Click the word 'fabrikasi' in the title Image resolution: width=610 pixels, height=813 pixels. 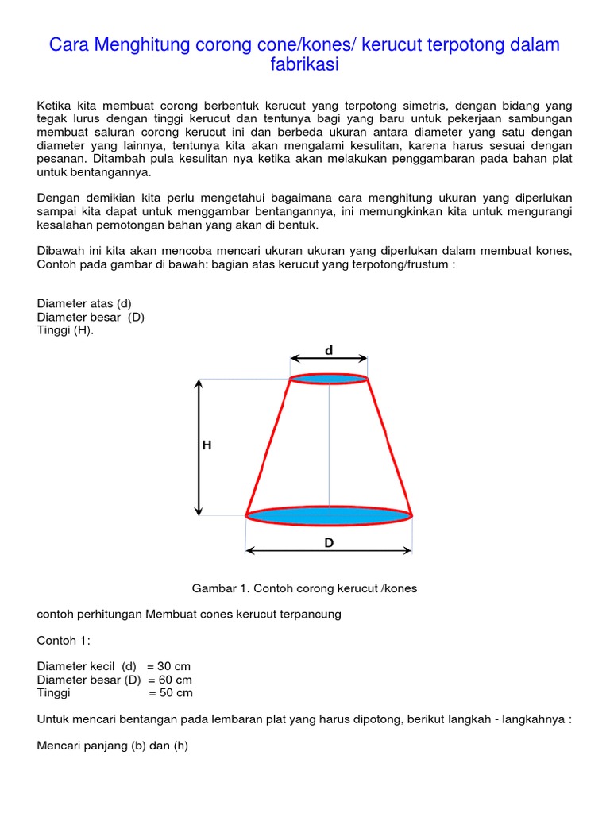(x=304, y=65)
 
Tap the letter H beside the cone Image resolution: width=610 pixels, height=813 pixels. (x=207, y=445)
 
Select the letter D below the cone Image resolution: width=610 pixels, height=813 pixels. (x=329, y=543)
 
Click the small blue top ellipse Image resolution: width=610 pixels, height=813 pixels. (x=329, y=379)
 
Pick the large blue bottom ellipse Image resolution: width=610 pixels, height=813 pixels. (x=329, y=516)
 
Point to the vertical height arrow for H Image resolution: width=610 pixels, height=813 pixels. (x=199, y=447)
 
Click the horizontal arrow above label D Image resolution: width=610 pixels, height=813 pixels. (x=329, y=550)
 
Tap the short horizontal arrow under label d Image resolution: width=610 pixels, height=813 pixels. (x=329, y=359)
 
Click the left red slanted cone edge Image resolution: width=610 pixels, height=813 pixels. (x=268, y=447)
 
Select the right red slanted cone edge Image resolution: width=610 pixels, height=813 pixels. (x=390, y=447)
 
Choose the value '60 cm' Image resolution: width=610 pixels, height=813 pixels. (x=175, y=680)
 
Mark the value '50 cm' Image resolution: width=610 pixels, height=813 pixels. (x=176, y=692)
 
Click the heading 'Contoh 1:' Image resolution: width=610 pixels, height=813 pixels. (x=64, y=640)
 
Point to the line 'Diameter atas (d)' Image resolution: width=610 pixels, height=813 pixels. (x=83, y=303)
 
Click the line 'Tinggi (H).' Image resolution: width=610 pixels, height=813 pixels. (x=65, y=330)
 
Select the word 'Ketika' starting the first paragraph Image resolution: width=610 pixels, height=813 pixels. (x=54, y=106)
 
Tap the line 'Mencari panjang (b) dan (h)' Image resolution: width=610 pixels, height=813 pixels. (x=112, y=746)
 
